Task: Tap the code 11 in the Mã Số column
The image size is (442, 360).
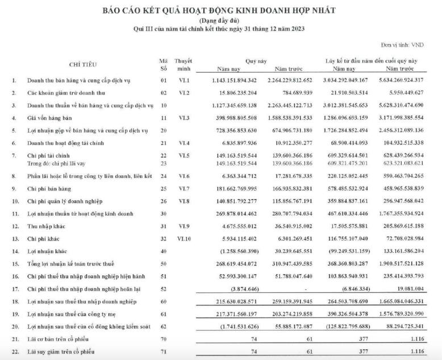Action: (x=164, y=118)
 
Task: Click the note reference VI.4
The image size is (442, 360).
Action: (x=184, y=142)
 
